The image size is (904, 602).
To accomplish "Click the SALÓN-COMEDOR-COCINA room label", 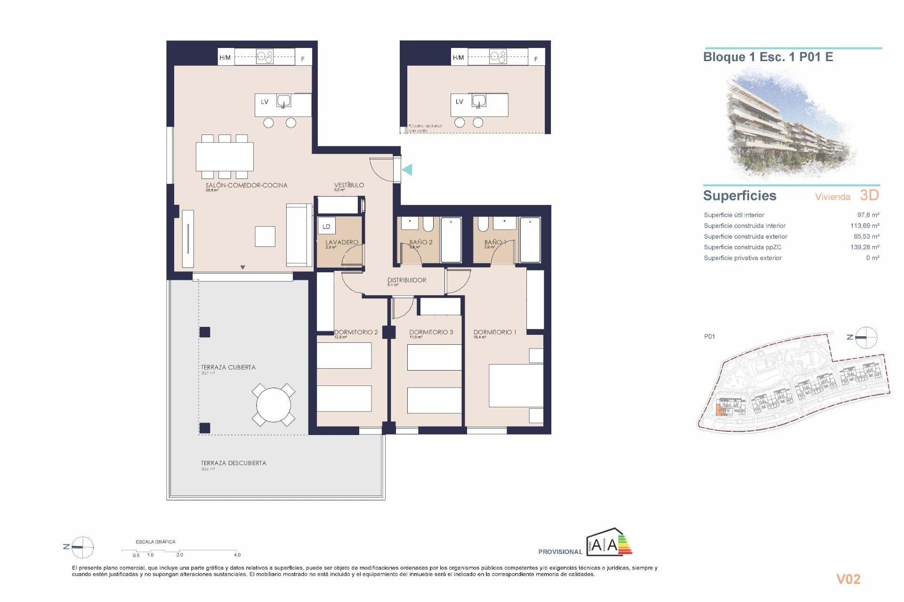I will point(246,185).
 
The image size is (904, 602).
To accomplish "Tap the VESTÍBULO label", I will point(349,185).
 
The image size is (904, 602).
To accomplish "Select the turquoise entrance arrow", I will point(407,169).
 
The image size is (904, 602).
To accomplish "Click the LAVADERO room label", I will point(341,242).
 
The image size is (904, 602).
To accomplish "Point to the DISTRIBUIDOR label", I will point(407,280).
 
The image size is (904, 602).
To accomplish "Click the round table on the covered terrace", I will point(274,404).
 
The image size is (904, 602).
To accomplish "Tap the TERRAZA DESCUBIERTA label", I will point(234,463).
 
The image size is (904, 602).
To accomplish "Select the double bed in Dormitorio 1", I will point(516,386).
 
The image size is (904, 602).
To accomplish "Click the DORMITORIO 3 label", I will point(431,332).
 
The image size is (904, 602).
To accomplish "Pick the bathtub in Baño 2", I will point(451,239).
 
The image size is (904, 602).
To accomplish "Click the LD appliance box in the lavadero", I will point(326,226).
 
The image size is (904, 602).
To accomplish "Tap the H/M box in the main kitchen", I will point(225,57).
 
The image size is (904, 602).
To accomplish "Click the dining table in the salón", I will point(225,157).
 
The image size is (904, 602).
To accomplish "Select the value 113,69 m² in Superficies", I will point(864,226).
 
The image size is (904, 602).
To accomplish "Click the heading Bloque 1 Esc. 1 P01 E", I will point(768,57).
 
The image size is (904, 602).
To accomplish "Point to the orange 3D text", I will point(869,195).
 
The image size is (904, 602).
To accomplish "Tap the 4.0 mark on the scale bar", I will point(237,554).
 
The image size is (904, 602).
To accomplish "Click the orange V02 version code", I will point(848,579).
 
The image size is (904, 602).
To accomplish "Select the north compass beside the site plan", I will point(865,337).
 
